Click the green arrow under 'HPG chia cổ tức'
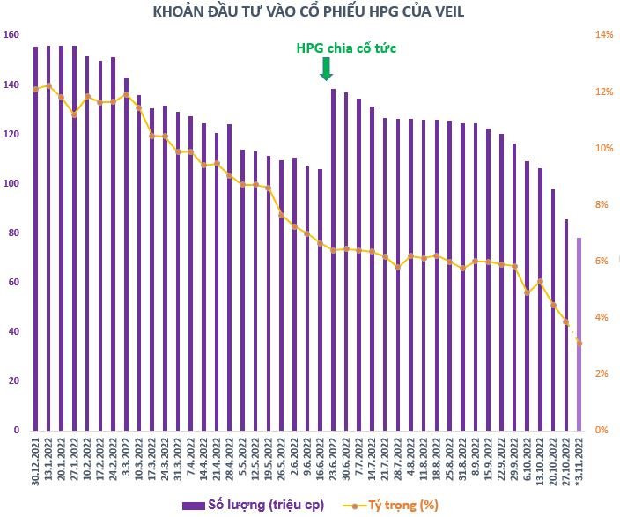click(327, 69)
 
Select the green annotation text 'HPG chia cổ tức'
click(345, 48)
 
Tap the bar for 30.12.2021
click(35, 238)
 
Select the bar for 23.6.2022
click(333, 259)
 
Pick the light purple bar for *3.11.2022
click(579, 334)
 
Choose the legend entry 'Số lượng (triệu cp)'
click(253, 505)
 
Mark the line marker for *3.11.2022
click(579, 343)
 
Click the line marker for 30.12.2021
click(35, 89)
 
